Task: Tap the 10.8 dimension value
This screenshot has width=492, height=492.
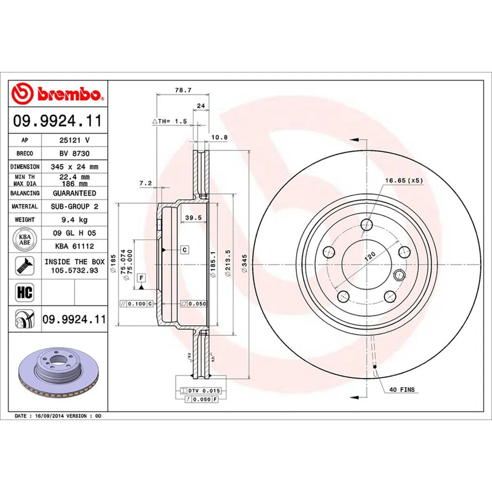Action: pyautogui.click(x=219, y=137)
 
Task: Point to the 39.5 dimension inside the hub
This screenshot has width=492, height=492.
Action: pyautogui.click(x=192, y=218)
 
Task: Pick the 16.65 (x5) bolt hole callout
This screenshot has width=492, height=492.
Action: pyautogui.click(x=404, y=180)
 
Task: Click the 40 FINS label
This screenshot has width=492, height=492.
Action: pyautogui.click(x=402, y=390)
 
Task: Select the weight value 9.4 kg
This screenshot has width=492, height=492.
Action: pyautogui.click(x=74, y=219)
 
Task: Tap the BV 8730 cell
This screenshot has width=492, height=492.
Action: pyautogui.click(x=74, y=153)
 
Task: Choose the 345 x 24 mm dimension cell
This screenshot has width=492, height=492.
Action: pyautogui.click(x=74, y=167)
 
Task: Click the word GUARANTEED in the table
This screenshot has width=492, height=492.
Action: pyautogui.click(x=74, y=193)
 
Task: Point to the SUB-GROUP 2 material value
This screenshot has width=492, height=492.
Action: pyautogui.click(x=74, y=206)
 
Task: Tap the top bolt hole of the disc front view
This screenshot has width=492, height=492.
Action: pyautogui.click(x=366, y=224)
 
